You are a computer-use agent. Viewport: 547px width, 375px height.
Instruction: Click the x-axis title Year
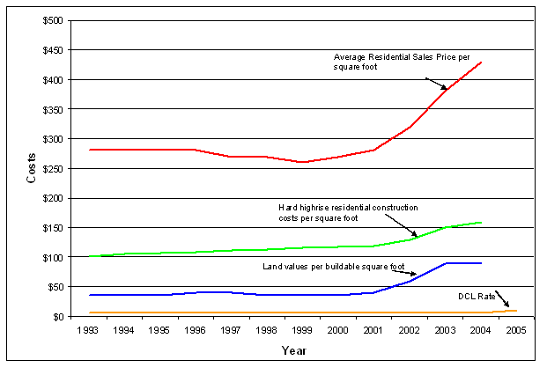[x=293, y=351]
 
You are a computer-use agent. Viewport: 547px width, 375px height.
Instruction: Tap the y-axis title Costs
[x=30, y=167]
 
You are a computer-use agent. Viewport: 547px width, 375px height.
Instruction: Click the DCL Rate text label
[x=475, y=296]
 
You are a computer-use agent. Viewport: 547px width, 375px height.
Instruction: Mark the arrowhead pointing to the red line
[x=445, y=88]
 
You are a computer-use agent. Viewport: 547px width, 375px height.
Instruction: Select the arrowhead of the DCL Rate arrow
[x=507, y=307]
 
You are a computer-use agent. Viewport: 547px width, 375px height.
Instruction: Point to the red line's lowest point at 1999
[x=302, y=162]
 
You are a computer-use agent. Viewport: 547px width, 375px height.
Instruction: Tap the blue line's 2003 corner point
[x=447, y=263]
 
